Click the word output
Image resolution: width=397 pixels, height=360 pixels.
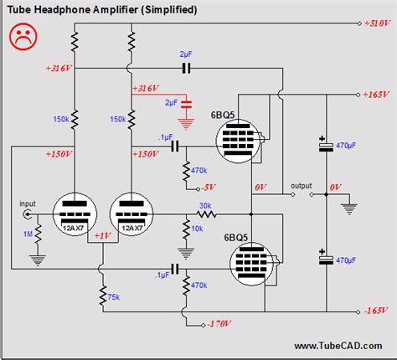tap(301, 185)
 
